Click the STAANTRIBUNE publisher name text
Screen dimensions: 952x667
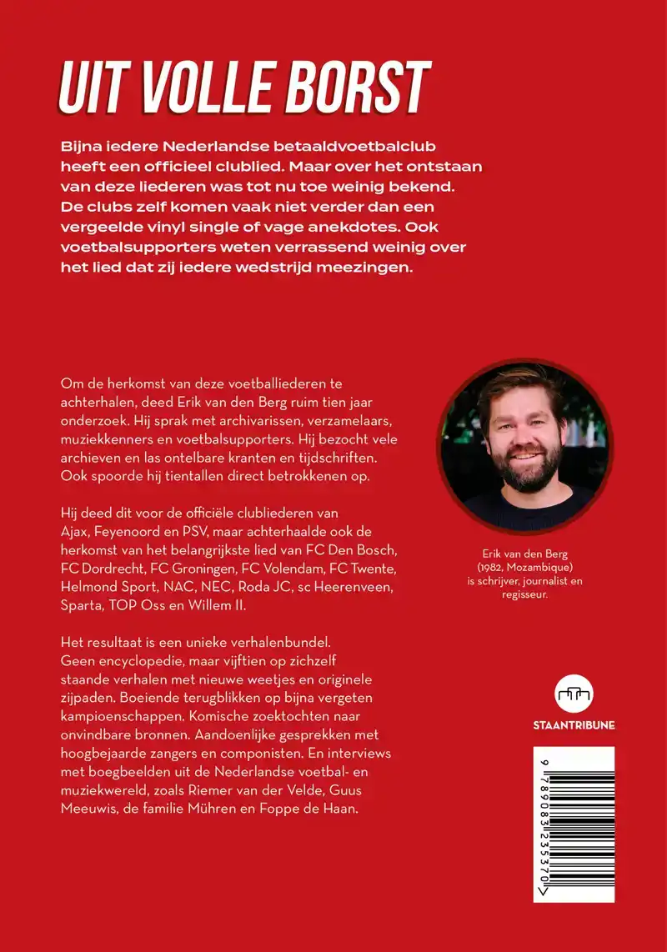(574, 725)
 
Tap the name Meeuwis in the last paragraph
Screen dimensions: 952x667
(87, 808)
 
